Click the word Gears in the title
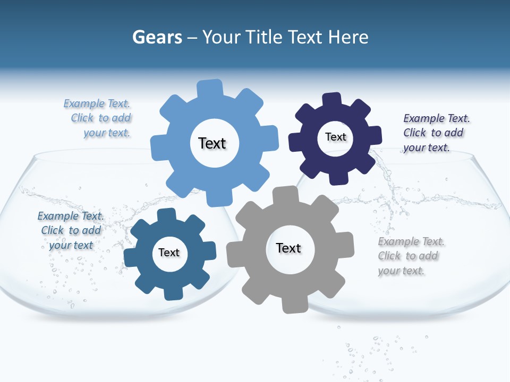pos(157,37)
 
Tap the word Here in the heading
pos(348,37)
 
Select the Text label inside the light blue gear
pos(212,143)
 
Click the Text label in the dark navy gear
pos(335,137)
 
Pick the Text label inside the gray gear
pos(288,248)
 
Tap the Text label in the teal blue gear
pos(169,253)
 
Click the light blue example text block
pos(99,118)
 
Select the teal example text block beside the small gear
pos(70,230)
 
